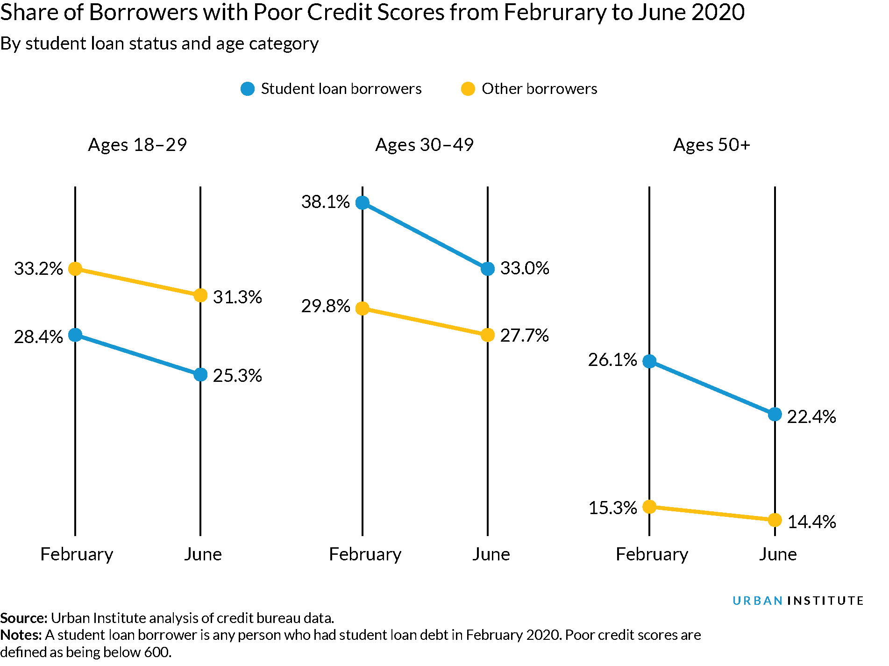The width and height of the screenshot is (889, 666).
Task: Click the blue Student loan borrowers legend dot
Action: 248,89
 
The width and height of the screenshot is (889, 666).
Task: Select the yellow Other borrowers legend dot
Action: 468,89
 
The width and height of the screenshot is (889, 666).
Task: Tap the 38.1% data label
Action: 326,202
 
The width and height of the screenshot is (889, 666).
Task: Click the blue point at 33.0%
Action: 488,269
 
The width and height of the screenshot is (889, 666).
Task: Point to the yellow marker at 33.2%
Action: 75,269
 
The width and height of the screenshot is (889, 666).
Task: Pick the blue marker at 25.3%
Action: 200,374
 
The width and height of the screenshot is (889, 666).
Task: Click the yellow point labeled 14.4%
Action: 775,520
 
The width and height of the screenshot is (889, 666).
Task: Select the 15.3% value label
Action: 612,508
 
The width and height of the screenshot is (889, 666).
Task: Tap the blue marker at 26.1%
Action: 649,361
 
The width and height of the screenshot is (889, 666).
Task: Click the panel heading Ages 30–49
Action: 424,145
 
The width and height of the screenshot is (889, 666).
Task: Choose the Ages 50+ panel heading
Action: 711,145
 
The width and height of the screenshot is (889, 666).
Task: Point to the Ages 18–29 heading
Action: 137,145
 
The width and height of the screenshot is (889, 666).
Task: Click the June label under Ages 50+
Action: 777,554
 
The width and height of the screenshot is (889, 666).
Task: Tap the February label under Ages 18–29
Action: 77,554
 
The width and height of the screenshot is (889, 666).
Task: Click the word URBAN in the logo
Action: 757,601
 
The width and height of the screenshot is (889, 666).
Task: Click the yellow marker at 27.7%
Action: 488,335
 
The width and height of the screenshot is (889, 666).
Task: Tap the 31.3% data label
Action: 237,297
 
